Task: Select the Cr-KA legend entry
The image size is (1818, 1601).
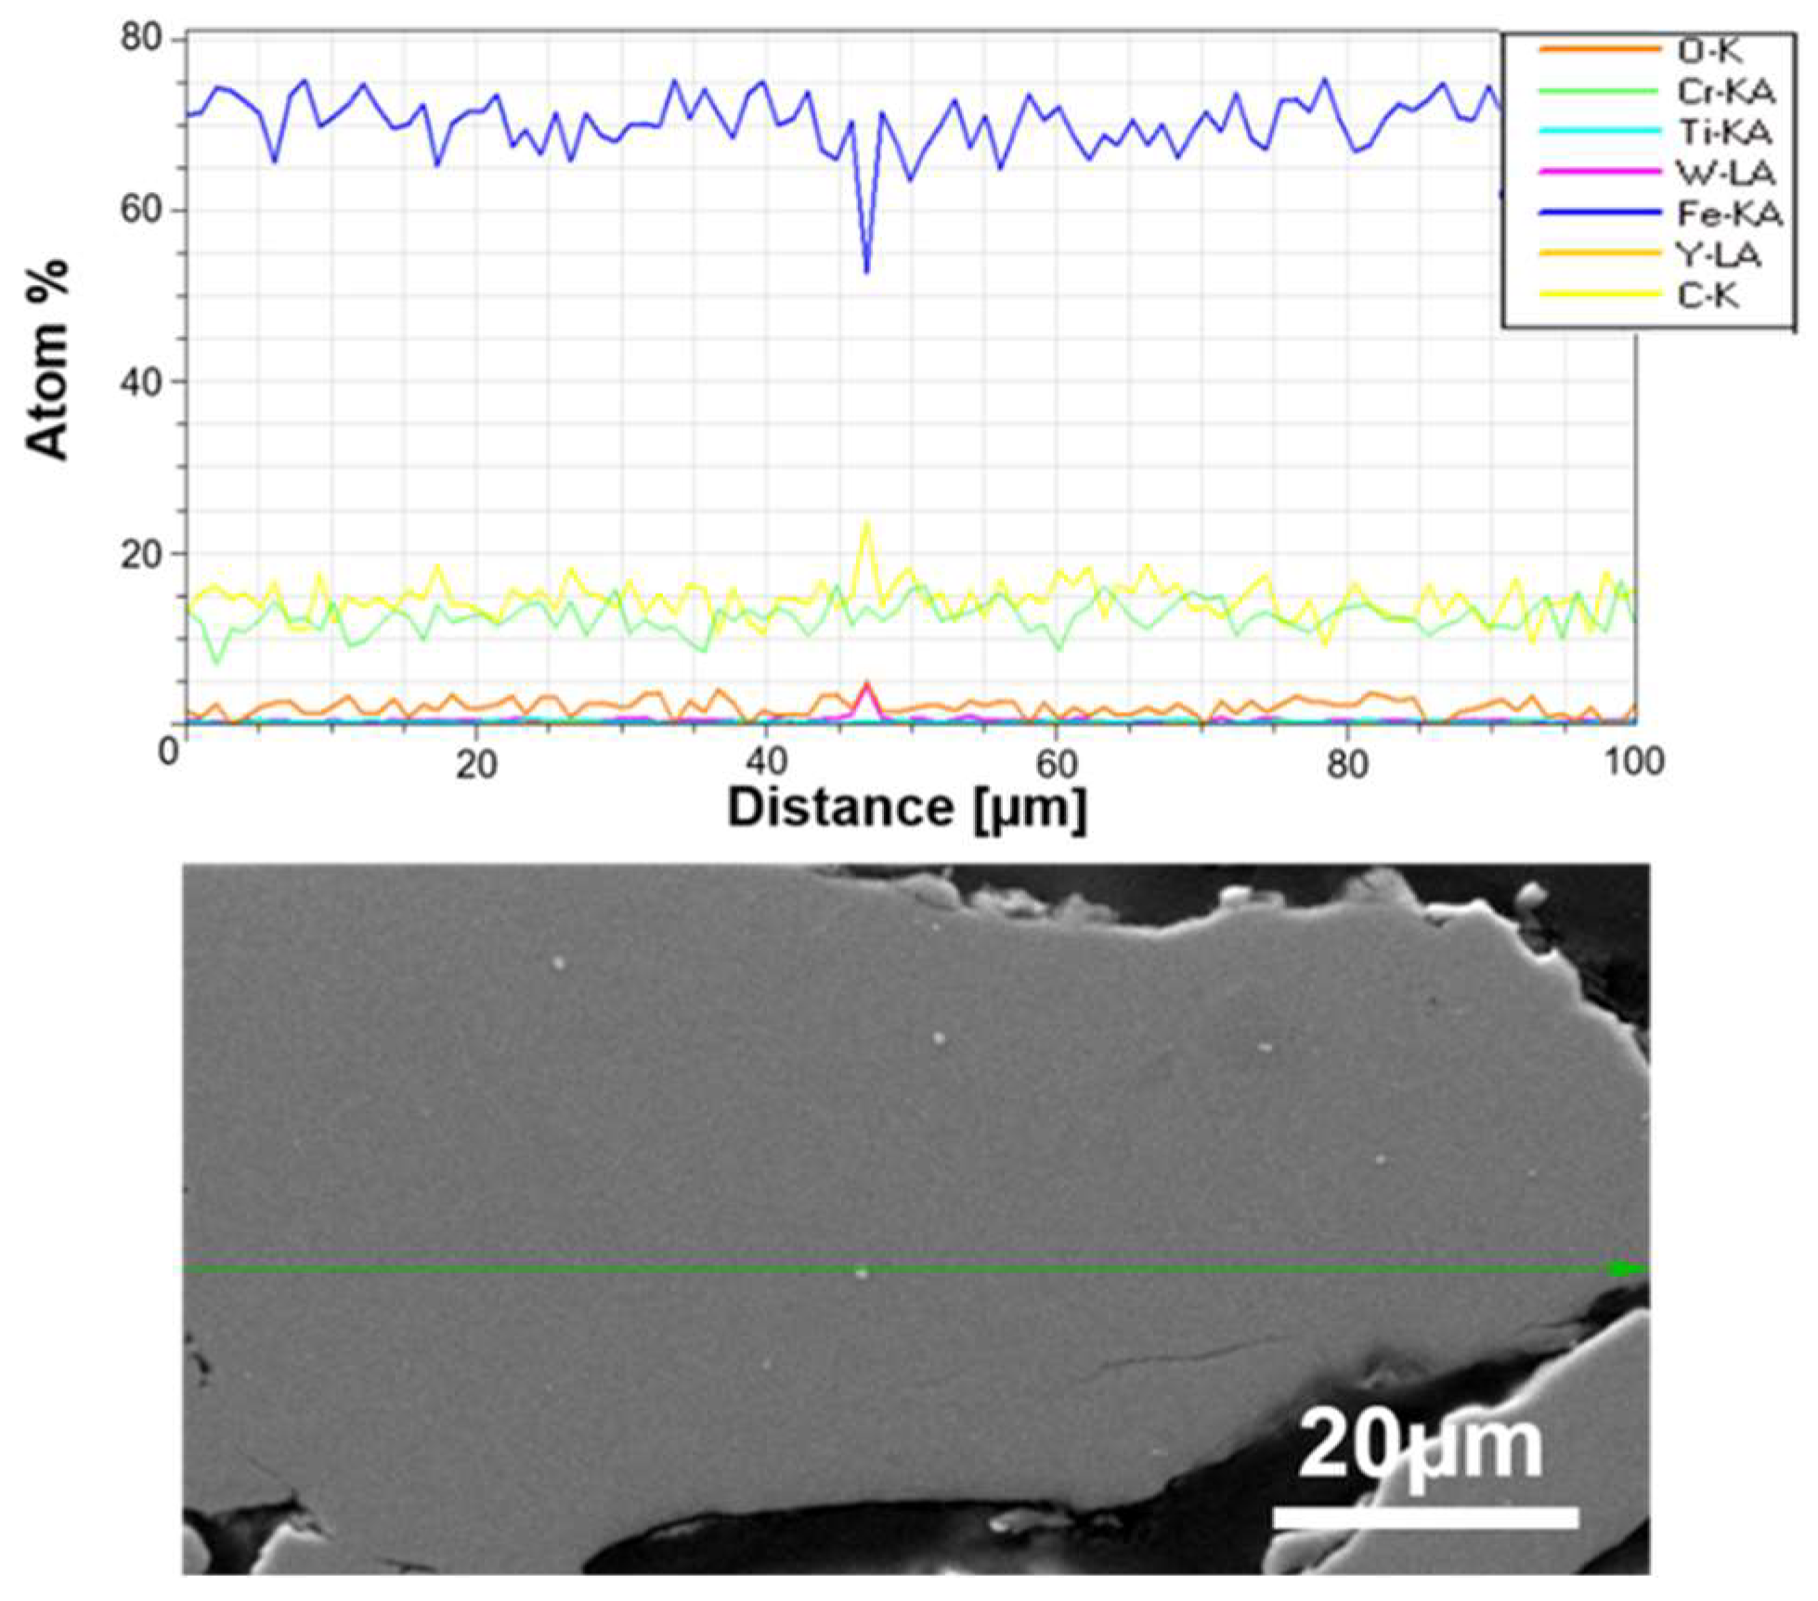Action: coord(1725,91)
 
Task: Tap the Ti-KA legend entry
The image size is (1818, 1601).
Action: coord(1723,132)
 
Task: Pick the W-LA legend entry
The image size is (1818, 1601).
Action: coord(1725,173)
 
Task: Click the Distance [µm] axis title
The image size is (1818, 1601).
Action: coord(906,807)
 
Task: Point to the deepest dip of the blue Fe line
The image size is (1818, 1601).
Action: coord(867,271)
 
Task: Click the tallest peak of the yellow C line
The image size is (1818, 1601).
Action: coord(867,523)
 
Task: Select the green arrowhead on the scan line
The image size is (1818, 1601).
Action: coord(1624,1268)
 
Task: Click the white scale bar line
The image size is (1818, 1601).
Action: coord(1425,1517)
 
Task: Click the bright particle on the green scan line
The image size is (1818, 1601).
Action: coord(862,1272)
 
